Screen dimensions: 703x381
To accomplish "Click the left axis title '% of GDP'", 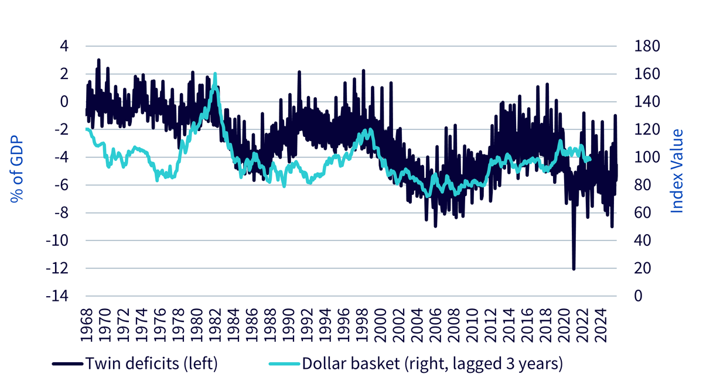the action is tap(17, 169).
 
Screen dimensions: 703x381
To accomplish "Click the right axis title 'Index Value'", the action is tap(677, 171).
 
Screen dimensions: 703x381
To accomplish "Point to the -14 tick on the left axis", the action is tap(57, 296).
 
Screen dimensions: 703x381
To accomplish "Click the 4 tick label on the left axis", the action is tap(64, 46).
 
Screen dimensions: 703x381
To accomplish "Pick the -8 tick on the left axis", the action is tap(61, 212).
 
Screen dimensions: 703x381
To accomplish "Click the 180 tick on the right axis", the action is tap(647, 46).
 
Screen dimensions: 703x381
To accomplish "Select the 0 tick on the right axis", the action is tap(639, 296).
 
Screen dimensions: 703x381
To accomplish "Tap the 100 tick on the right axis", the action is tap(647, 157).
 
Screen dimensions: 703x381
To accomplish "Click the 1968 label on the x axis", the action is tap(87, 325).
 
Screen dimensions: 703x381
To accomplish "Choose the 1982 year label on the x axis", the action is tap(216, 325).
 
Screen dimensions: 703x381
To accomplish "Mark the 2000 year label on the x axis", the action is tap(381, 325).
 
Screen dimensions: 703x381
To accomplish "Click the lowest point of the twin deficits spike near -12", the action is tap(574, 269).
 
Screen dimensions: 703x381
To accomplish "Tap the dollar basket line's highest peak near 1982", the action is tap(215, 74).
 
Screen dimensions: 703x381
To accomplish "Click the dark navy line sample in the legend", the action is tap(68, 364).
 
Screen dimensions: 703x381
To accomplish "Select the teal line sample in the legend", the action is tap(284, 364).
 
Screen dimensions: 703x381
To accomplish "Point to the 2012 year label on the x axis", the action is tap(491, 325).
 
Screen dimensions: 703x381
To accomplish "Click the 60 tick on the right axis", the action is tap(643, 212).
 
